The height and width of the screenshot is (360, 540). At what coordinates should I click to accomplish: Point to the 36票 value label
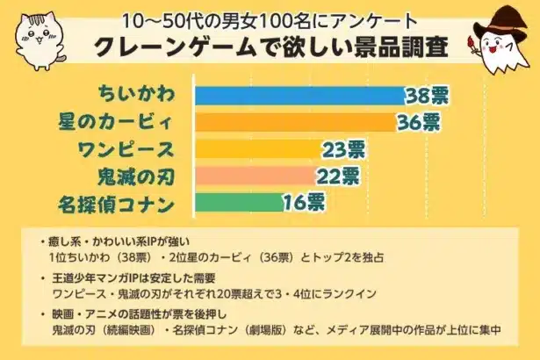pos(417,122)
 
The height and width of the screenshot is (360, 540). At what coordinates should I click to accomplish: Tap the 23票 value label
pos(343,149)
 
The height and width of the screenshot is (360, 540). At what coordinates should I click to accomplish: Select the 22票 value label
pos(338,176)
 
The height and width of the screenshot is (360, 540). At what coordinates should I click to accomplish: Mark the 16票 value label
pos(304,204)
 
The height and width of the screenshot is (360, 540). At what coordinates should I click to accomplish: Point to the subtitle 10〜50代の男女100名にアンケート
pos(270,18)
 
